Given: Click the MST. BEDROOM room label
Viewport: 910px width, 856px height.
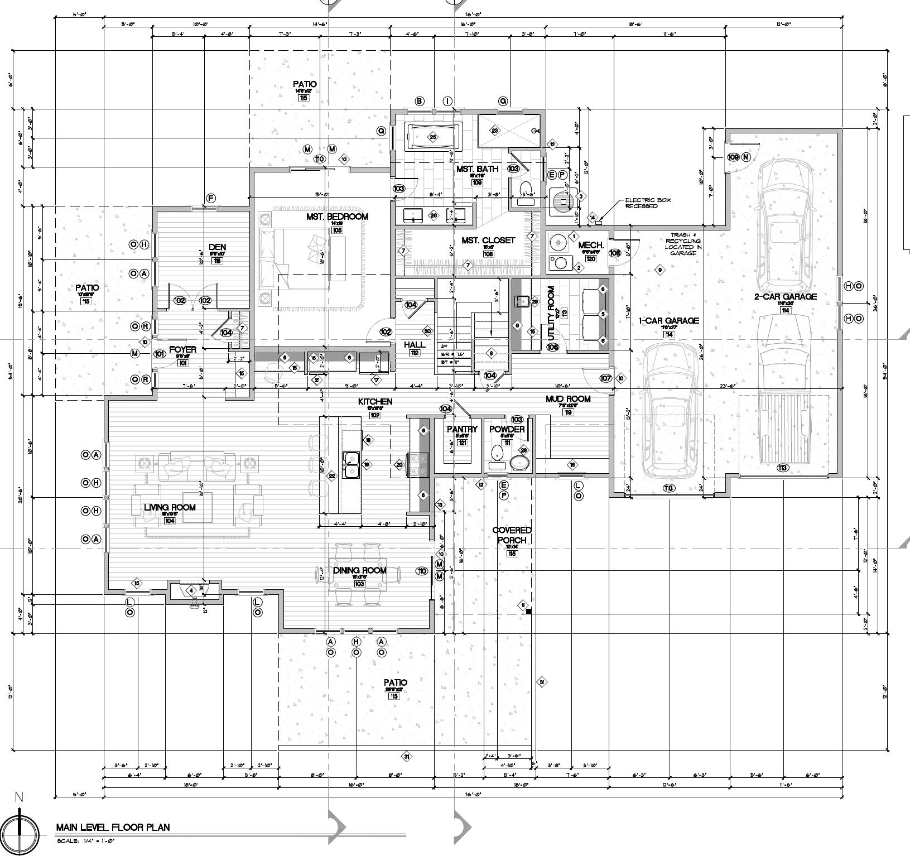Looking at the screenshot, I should pos(337,217).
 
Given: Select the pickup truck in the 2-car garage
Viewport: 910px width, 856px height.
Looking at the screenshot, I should pos(783,391).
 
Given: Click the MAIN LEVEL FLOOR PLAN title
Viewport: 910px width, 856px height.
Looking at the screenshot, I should pos(113,827).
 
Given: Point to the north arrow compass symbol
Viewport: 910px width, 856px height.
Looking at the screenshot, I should pos(20,834).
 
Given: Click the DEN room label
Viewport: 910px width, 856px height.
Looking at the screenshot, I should pos(217,247).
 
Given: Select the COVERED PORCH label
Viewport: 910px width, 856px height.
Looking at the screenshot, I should pos(512,535).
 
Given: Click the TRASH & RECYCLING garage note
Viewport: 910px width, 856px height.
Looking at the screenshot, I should pos(683,244).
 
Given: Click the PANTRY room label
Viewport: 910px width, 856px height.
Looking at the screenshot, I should pos(463,429).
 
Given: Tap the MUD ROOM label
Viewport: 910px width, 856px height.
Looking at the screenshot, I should pos(567,398).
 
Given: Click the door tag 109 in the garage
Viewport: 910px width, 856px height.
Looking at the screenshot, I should pos(733,157).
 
